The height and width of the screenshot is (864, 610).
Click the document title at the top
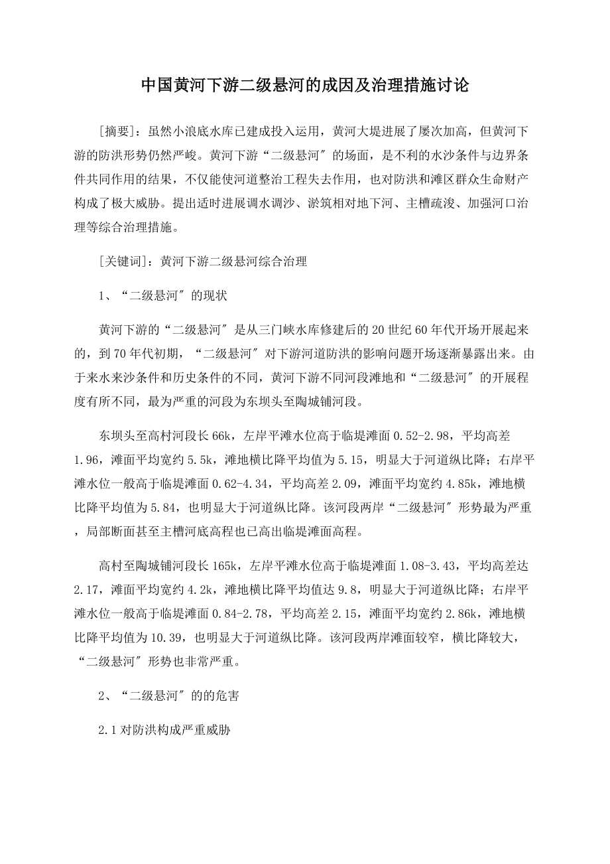pos(305,86)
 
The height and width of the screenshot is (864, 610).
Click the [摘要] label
pos(119,130)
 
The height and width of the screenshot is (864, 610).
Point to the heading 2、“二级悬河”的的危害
pos(169,695)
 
